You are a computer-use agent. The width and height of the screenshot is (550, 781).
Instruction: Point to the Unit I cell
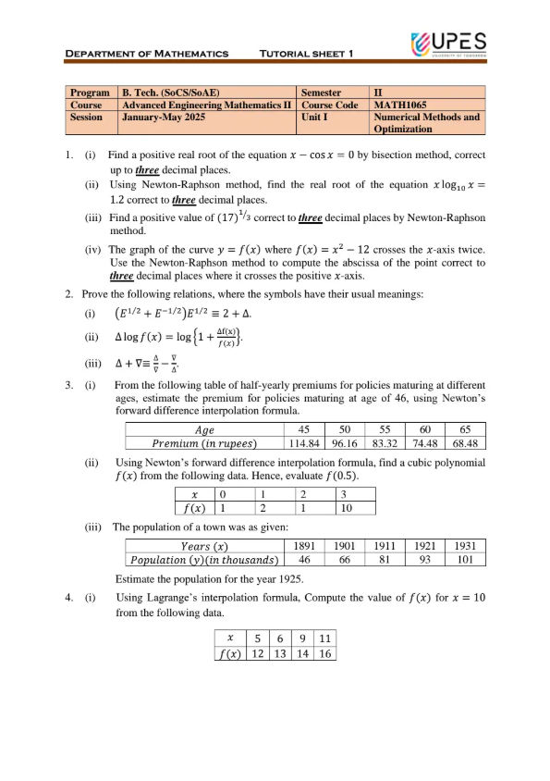[x=317, y=118]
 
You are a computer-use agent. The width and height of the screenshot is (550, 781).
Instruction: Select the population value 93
[x=424, y=560]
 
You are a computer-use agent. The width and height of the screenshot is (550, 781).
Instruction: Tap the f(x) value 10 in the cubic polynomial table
[x=345, y=507]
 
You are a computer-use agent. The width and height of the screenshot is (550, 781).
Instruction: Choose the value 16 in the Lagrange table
[x=324, y=653]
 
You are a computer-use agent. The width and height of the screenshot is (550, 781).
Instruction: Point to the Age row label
[x=204, y=429]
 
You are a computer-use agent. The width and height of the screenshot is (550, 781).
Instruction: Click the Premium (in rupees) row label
[x=204, y=442]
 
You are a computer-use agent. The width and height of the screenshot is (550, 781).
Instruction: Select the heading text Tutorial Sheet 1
[x=307, y=54]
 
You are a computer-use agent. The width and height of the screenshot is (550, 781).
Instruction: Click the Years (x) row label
[x=204, y=547]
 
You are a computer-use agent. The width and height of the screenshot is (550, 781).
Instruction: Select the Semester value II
[x=378, y=93]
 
